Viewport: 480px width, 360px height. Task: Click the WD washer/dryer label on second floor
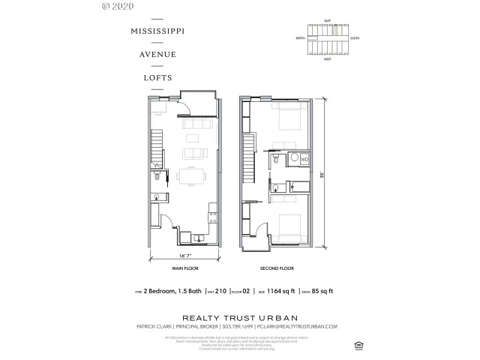(x=304, y=160)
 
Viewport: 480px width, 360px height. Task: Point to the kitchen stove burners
(x=213, y=217)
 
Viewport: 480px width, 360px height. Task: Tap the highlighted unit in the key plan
(x=334, y=31)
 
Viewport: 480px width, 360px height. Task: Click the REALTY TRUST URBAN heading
(x=239, y=315)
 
